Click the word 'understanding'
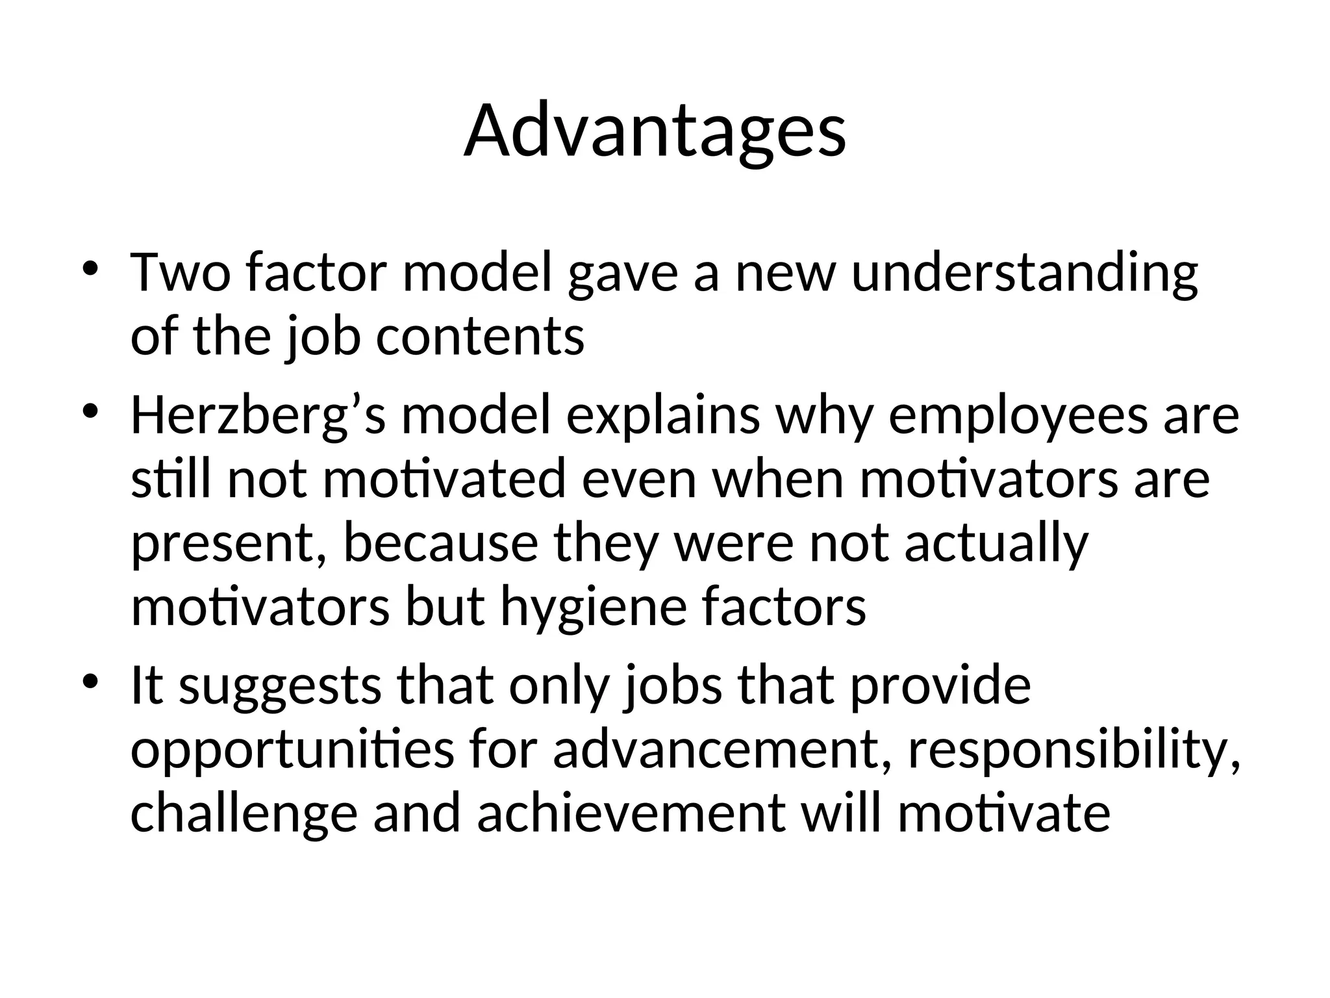pyautogui.click(x=1024, y=273)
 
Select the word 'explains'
pyautogui.click(x=663, y=416)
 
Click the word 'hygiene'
pyautogui.click(x=593, y=608)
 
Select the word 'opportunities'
pyautogui.click(x=292, y=751)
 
